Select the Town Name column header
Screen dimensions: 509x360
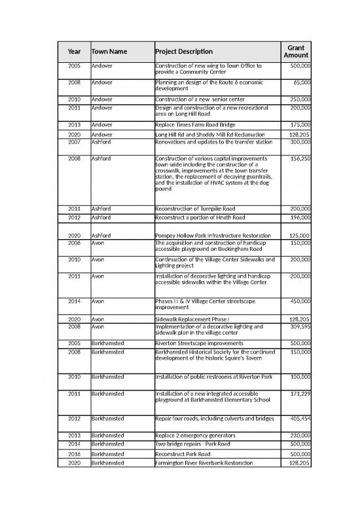(109, 52)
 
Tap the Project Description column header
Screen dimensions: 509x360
(184, 52)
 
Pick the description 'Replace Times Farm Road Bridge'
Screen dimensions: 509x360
(196, 124)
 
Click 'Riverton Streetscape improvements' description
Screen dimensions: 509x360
(200, 343)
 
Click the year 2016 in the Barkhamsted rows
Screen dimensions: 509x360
(73, 453)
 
